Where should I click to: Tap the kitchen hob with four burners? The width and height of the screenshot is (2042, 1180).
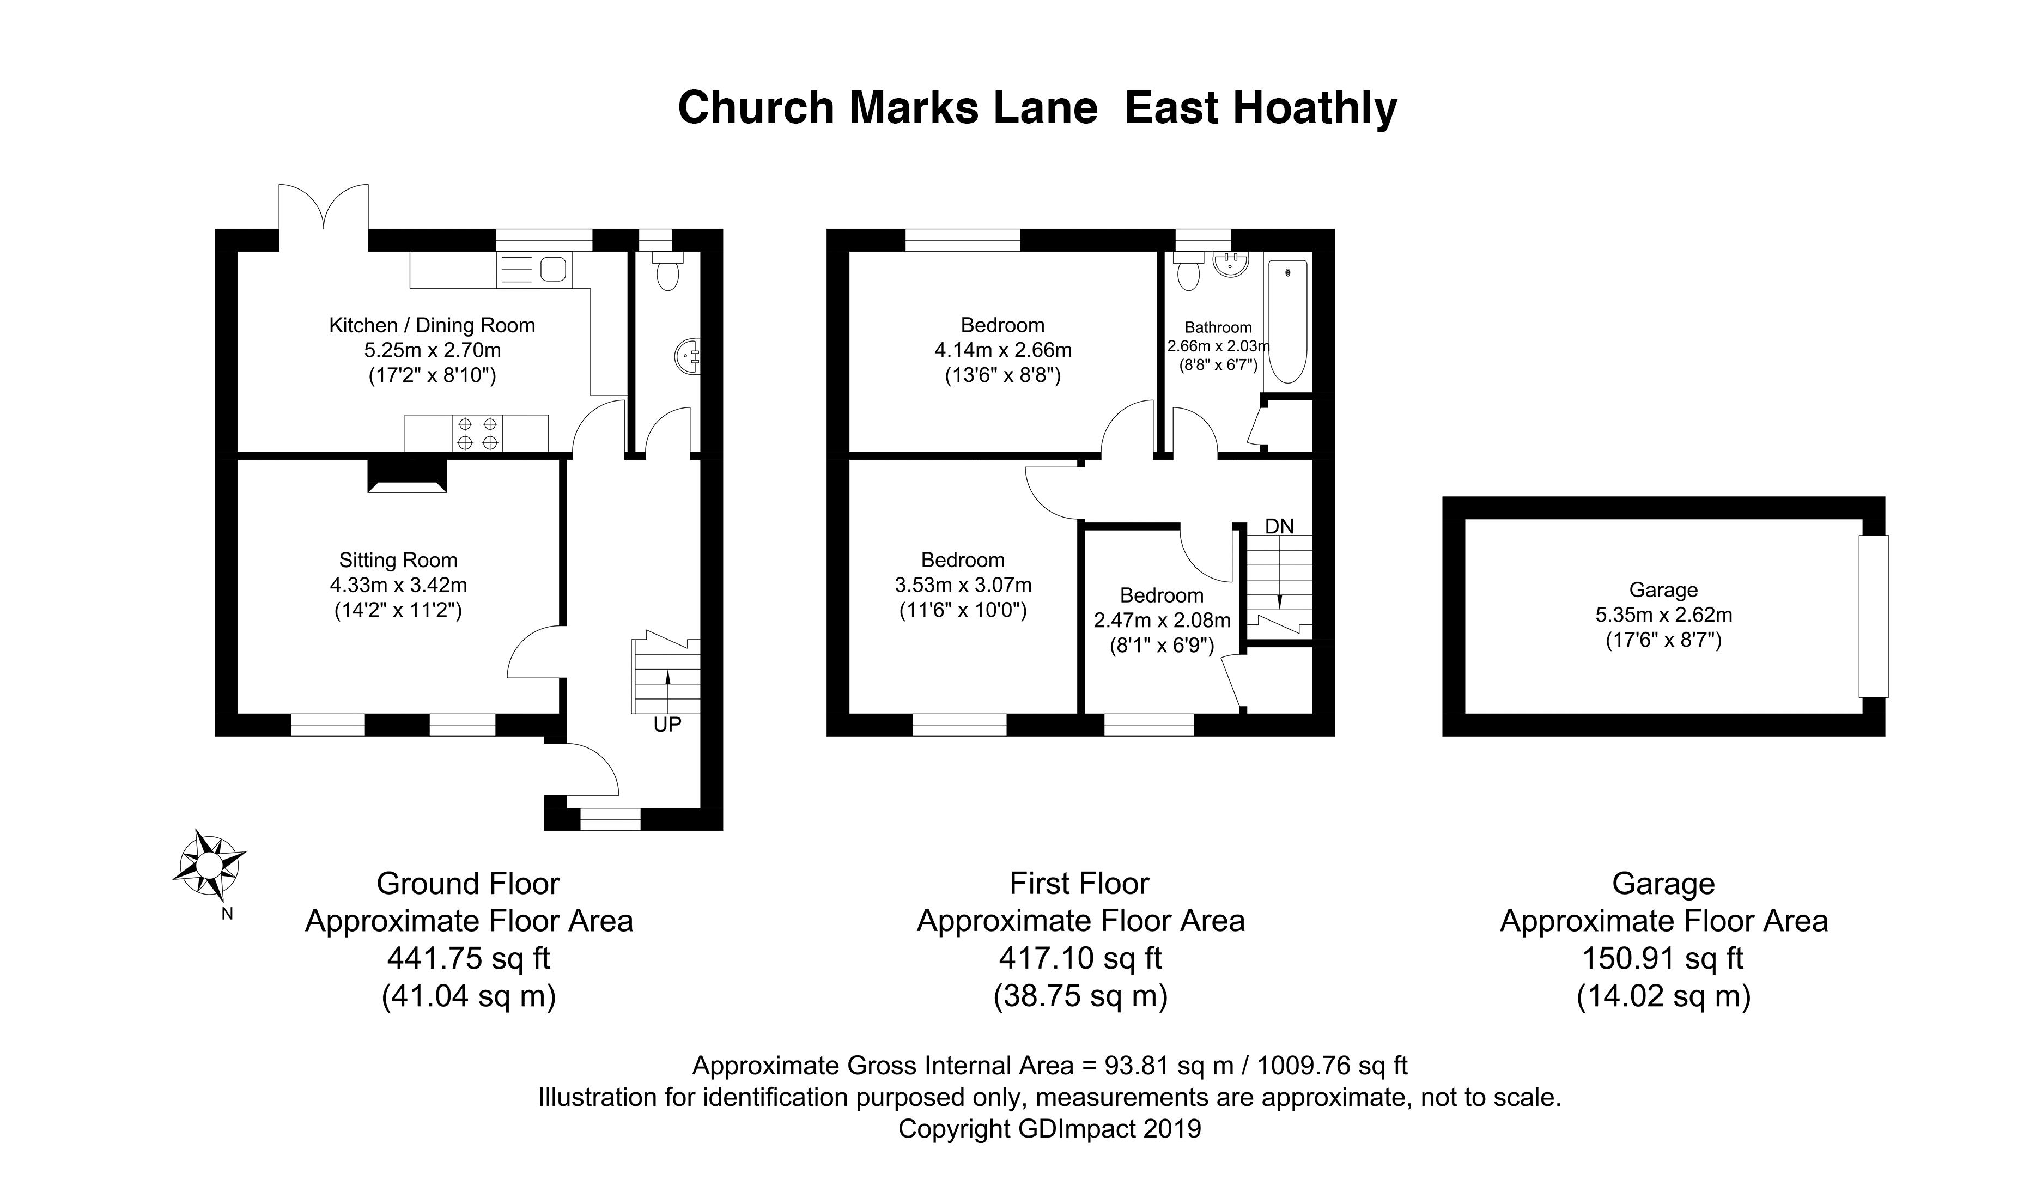coord(477,433)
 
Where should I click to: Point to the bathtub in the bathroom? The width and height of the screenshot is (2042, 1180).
coord(1287,322)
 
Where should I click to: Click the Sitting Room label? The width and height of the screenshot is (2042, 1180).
coord(398,560)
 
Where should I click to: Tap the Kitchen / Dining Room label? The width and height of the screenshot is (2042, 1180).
coord(432,326)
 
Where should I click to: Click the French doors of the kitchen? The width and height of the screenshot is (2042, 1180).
coord(324,209)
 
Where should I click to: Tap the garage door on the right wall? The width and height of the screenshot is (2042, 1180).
coord(1874,616)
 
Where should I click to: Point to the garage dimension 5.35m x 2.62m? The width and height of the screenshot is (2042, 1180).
coord(1663,615)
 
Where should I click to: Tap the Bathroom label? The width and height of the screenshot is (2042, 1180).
coord(1218,327)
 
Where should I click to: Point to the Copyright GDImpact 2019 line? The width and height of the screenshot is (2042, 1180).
coord(1049,1129)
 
